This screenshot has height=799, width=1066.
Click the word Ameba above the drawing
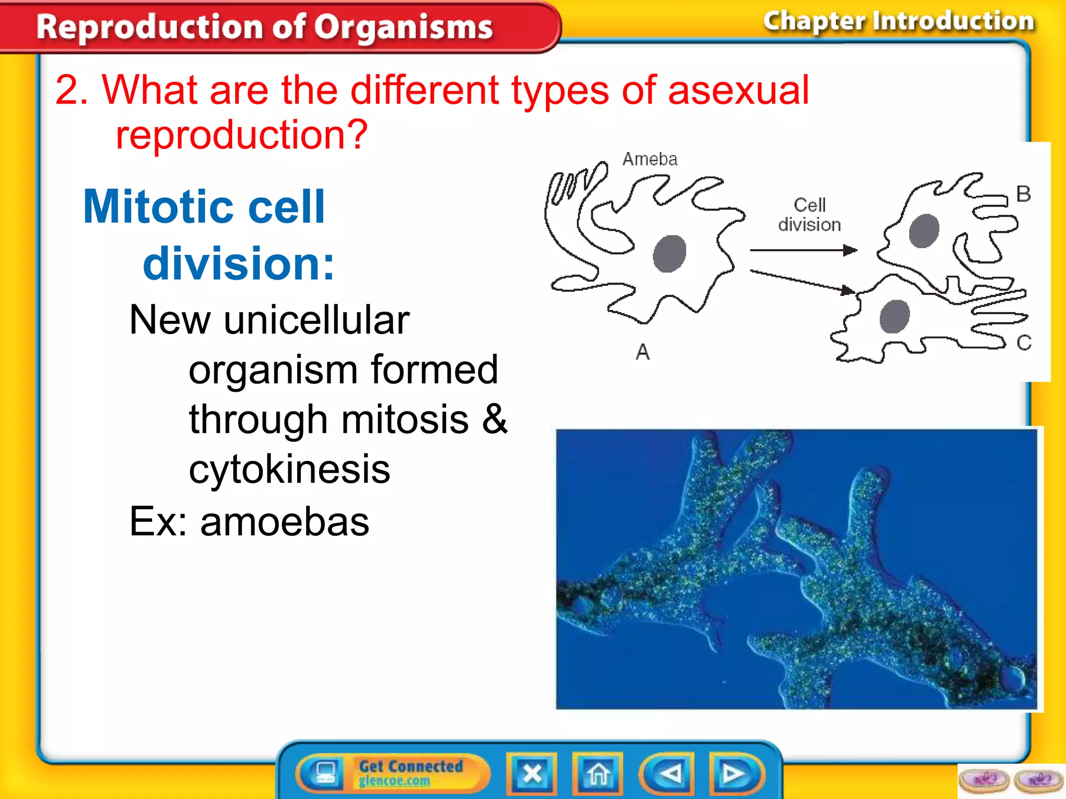point(650,159)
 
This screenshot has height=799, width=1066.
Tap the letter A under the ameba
point(643,353)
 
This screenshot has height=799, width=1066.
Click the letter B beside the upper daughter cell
point(1023,194)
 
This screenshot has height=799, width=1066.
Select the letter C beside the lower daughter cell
point(1023,343)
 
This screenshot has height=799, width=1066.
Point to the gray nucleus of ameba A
point(669,253)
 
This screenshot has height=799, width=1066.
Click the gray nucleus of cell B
point(924,230)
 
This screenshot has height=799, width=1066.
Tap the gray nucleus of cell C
point(894,316)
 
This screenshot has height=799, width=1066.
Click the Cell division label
point(809,214)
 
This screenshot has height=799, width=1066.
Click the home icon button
point(598,774)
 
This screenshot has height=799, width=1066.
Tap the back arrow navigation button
point(667,774)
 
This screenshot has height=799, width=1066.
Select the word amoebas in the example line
point(285,522)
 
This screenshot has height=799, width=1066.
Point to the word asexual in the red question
point(738,91)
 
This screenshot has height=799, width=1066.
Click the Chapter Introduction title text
point(898,22)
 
